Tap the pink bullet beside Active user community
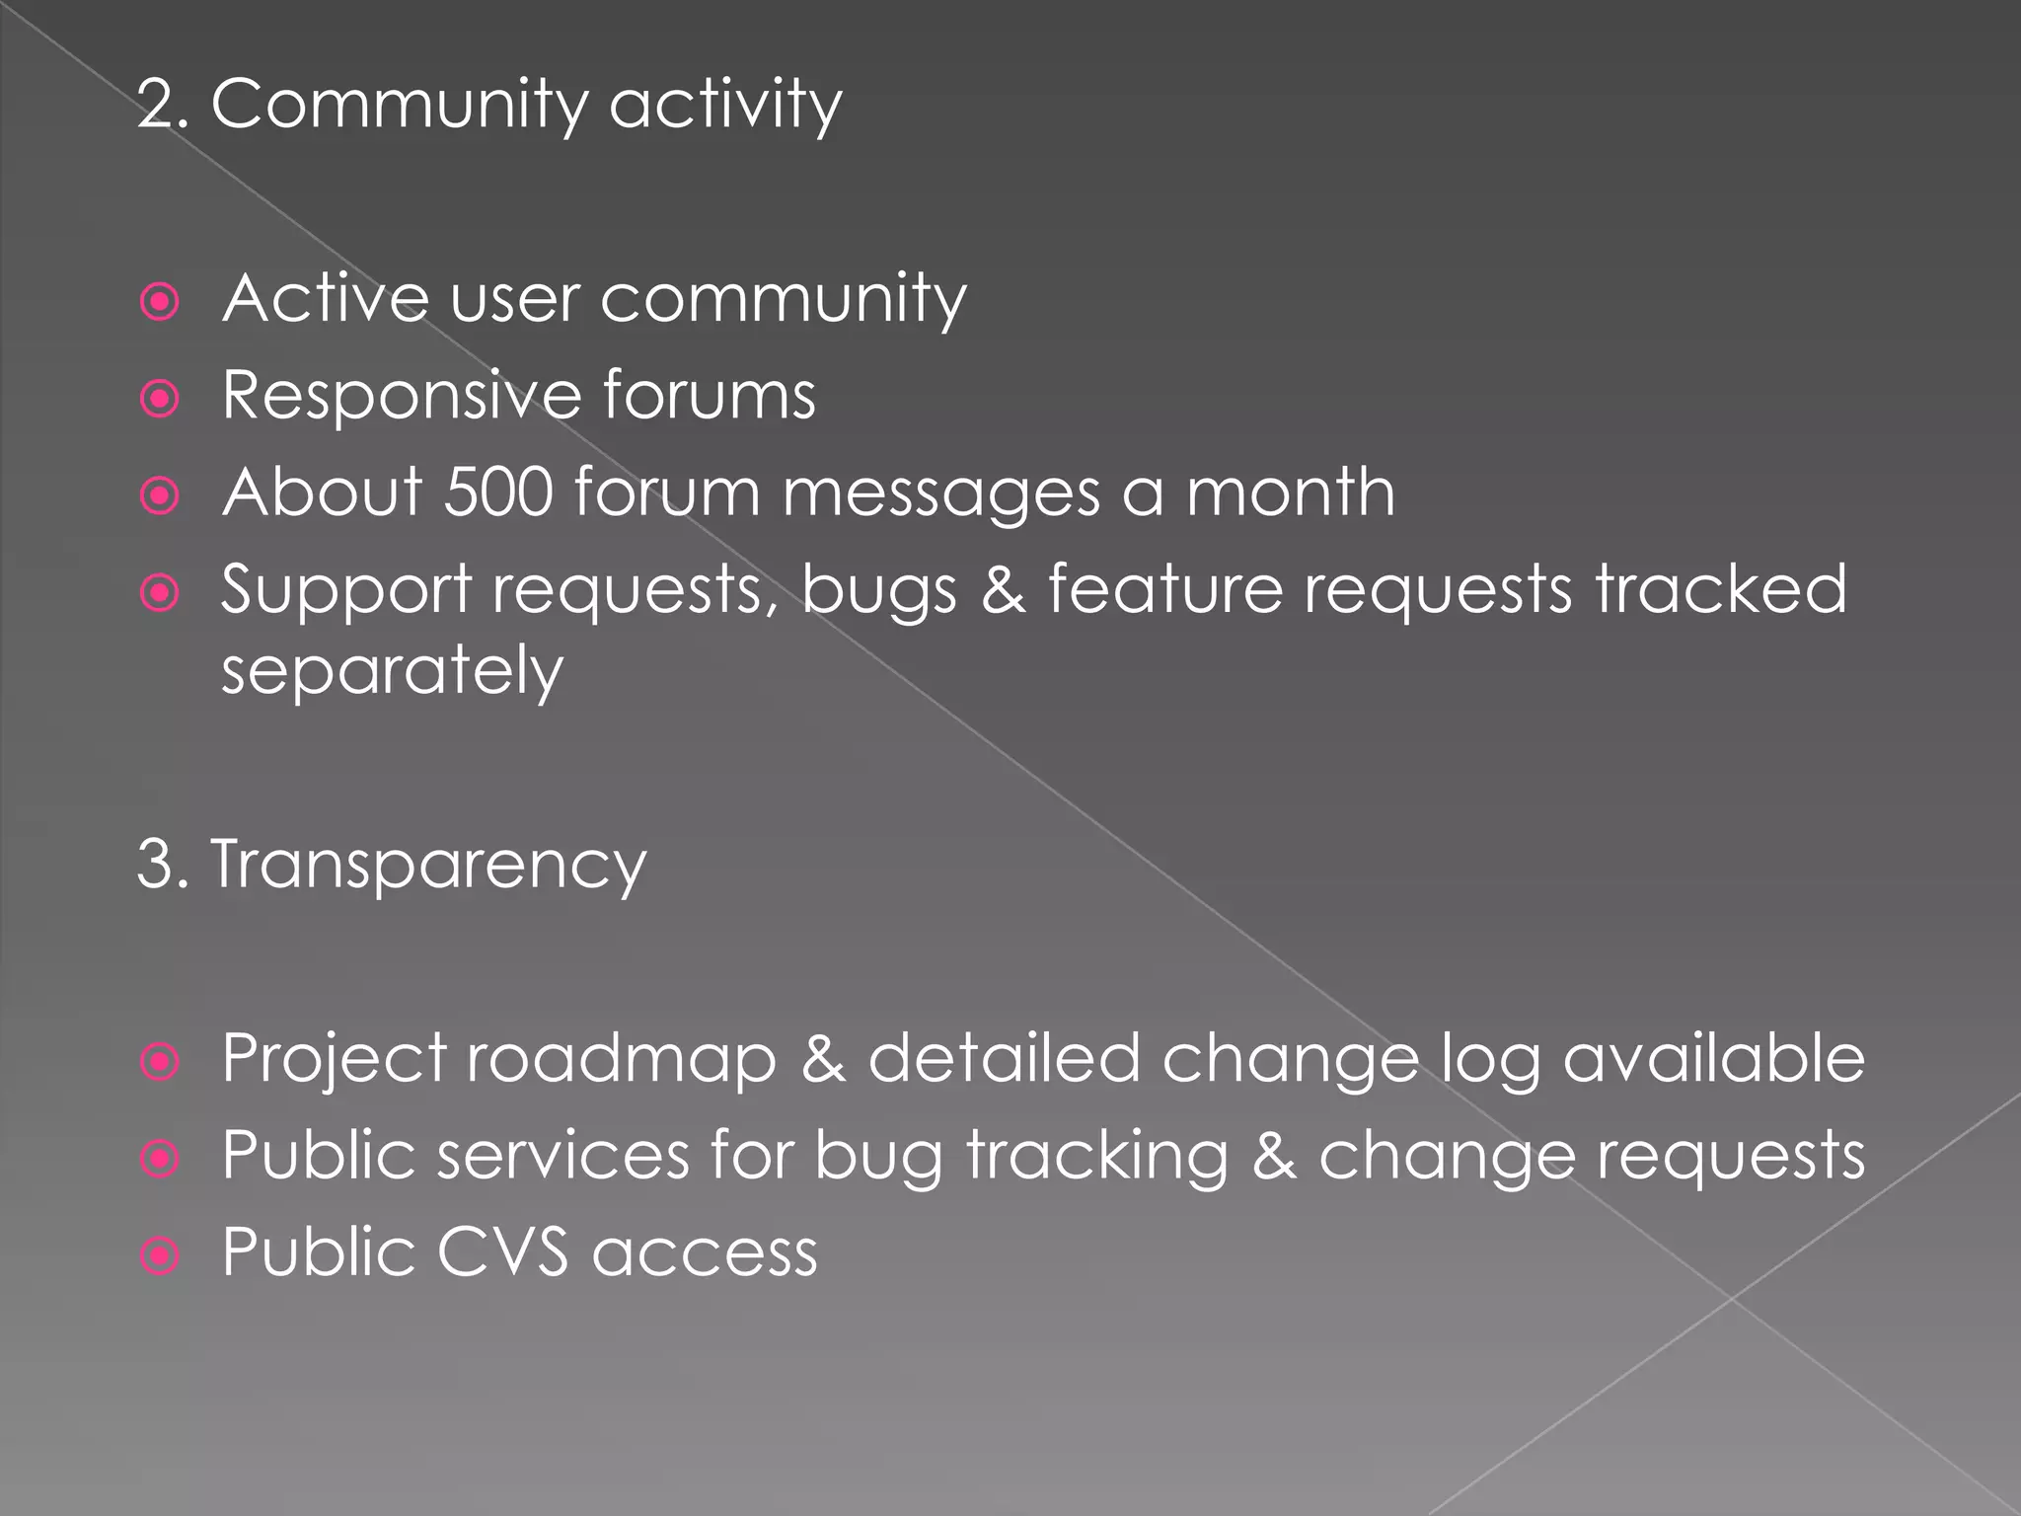click(160, 302)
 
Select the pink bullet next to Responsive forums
click(160, 399)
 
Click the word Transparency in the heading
click(429, 865)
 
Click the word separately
click(392, 671)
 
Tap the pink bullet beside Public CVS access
click(160, 1256)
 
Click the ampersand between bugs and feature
click(1003, 590)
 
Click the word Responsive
click(401, 395)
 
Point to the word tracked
click(1720, 589)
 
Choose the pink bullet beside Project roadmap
click(160, 1062)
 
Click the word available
click(1713, 1058)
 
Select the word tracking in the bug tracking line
click(1097, 1156)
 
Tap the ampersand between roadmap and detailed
click(823, 1059)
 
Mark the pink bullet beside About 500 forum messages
click(160, 495)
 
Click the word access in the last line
click(705, 1253)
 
